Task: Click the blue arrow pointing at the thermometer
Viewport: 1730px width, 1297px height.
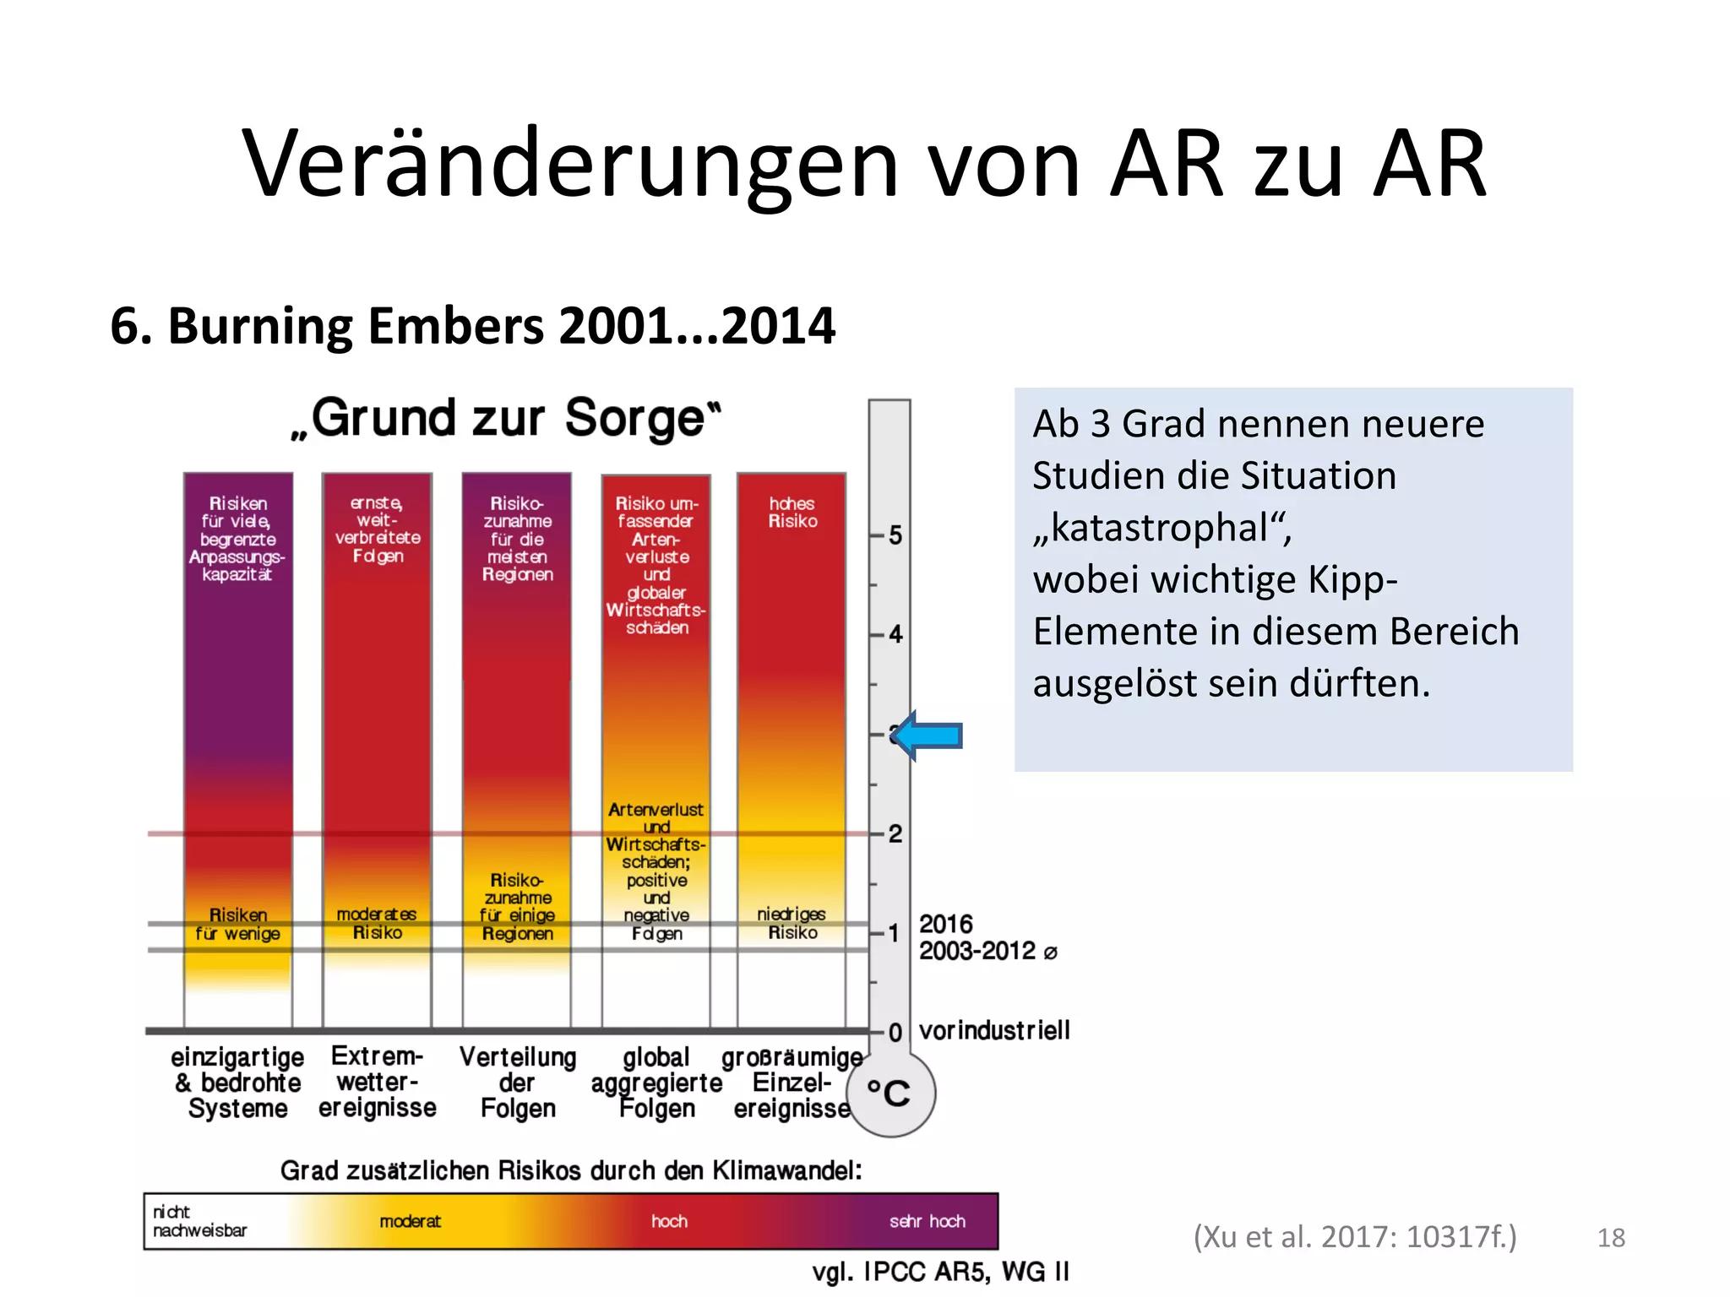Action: (928, 736)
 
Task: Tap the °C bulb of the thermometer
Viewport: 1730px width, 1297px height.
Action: (890, 1093)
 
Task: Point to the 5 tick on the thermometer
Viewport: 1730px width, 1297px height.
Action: (894, 535)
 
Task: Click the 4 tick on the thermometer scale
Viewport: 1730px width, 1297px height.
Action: (894, 634)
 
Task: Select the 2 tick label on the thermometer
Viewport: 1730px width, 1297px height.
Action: (894, 834)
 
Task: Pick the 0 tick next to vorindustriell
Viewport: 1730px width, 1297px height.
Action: (894, 1032)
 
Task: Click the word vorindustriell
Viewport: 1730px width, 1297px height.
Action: (994, 1031)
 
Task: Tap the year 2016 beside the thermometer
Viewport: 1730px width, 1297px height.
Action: (945, 924)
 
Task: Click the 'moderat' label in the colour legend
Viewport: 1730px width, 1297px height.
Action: (410, 1221)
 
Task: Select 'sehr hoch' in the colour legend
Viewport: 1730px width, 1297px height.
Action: (927, 1221)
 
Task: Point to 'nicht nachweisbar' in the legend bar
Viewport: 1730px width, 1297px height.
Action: (199, 1221)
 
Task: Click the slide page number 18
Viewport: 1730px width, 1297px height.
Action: (1611, 1238)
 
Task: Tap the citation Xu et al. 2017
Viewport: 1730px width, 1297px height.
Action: (1354, 1237)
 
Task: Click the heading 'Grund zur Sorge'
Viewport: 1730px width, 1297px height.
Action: (506, 418)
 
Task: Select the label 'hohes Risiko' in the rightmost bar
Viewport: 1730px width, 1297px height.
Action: (792, 513)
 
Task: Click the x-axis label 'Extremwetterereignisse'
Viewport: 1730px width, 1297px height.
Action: (377, 1082)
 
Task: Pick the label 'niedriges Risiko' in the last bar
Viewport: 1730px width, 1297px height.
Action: (792, 923)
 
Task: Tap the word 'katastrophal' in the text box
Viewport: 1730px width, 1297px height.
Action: (1162, 529)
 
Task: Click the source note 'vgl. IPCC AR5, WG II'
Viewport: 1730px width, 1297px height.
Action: (940, 1272)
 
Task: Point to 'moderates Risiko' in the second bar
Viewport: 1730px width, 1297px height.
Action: (377, 923)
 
